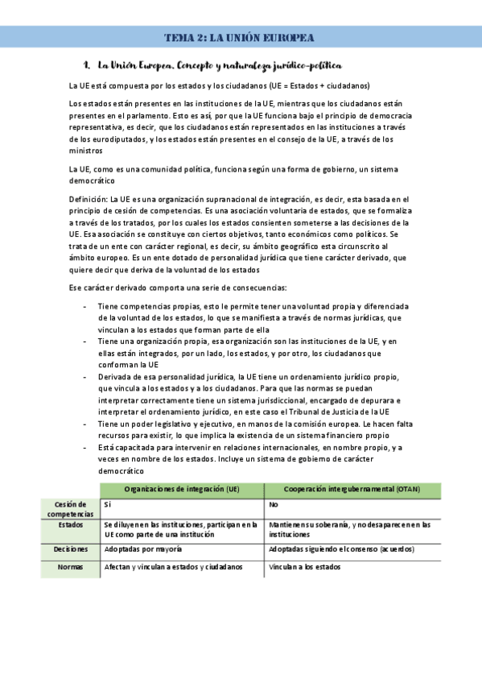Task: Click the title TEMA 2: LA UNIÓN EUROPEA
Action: point(239,38)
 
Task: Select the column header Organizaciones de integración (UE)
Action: point(182,490)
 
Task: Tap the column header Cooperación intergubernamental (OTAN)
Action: point(352,490)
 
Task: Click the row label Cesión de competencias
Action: point(71,508)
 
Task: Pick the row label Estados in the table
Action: point(71,524)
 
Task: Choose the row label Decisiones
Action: point(71,549)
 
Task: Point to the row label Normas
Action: point(71,567)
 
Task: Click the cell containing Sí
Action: point(108,503)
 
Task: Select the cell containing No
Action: point(274,503)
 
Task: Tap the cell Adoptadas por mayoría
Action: point(143,549)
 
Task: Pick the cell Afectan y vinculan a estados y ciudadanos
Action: point(173,567)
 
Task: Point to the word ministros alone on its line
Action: point(86,151)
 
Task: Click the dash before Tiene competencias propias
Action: point(85,307)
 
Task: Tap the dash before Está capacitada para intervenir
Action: point(85,447)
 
